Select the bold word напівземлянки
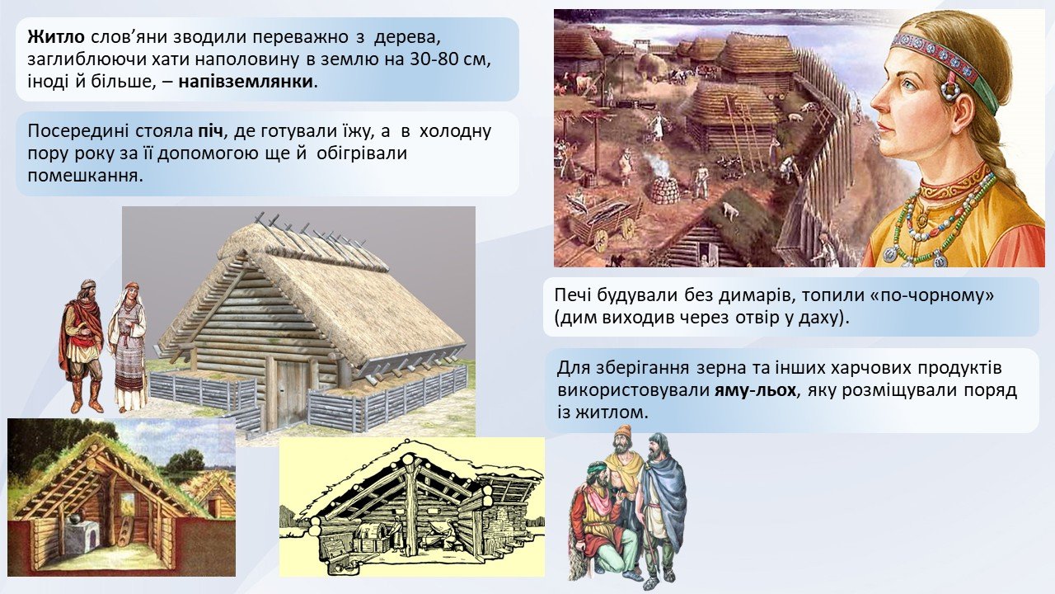(246, 81)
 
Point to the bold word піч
(209, 131)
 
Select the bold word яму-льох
(756, 391)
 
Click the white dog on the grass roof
(729, 210)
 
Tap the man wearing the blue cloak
(660, 509)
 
